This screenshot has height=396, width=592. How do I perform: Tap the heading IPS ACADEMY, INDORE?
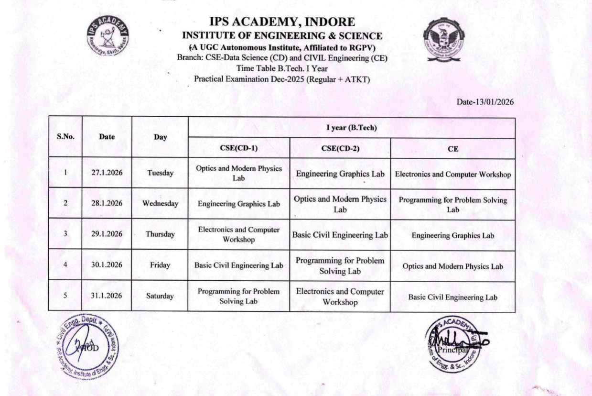[x=282, y=22]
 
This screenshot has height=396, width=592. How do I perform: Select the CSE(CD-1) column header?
[x=238, y=148]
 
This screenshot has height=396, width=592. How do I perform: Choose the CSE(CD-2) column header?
[x=340, y=148]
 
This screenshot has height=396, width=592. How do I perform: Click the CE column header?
[x=453, y=149]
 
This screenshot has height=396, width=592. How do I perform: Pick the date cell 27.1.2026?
[x=107, y=173]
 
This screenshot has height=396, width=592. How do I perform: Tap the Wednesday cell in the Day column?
[x=160, y=203]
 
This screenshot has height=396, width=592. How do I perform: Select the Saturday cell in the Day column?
[x=160, y=296]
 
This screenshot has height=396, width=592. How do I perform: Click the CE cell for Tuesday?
[x=453, y=175]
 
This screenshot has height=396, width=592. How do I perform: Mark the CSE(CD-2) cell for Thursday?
[x=340, y=235]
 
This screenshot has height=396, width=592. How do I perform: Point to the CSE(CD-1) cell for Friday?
[x=238, y=265]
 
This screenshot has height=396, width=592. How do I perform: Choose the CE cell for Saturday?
[x=453, y=297]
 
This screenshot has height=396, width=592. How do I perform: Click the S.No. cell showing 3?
[x=65, y=234]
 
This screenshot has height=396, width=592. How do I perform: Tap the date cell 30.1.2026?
[x=107, y=265]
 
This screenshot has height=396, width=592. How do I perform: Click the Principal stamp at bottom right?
[x=452, y=344]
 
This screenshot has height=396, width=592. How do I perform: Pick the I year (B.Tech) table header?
[x=352, y=128]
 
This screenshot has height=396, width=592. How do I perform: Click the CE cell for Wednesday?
[x=453, y=205]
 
